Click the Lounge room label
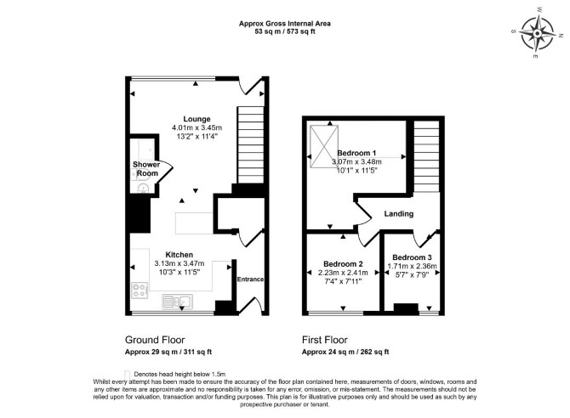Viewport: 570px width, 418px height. click(x=197, y=119)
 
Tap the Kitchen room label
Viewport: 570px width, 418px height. click(x=179, y=255)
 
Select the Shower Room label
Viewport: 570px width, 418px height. click(x=146, y=169)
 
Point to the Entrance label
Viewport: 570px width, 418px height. click(x=250, y=280)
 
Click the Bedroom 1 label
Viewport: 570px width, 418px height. click(x=356, y=153)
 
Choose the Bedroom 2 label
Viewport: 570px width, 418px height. click(x=343, y=264)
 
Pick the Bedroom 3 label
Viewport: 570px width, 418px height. click(x=412, y=257)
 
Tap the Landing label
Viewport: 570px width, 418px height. click(x=399, y=213)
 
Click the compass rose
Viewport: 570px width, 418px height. click(x=538, y=32)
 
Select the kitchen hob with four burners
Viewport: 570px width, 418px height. click(x=140, y=291)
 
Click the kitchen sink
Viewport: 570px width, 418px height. click(x=178, y=302)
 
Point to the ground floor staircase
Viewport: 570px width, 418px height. click(x=250, y=145)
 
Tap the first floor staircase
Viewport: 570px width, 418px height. click(x=427, y=156)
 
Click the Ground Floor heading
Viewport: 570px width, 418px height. click(x=155, y=340)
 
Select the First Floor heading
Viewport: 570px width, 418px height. click(x=325, y=340)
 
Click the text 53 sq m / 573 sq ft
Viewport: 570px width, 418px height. click(x=285, y=31)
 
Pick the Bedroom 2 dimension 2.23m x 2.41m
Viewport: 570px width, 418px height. click(x=343, y=273)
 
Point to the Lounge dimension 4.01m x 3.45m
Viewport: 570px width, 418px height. click(x=197, y=127)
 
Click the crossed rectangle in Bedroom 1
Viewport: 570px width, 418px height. click(x=324, y=147)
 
